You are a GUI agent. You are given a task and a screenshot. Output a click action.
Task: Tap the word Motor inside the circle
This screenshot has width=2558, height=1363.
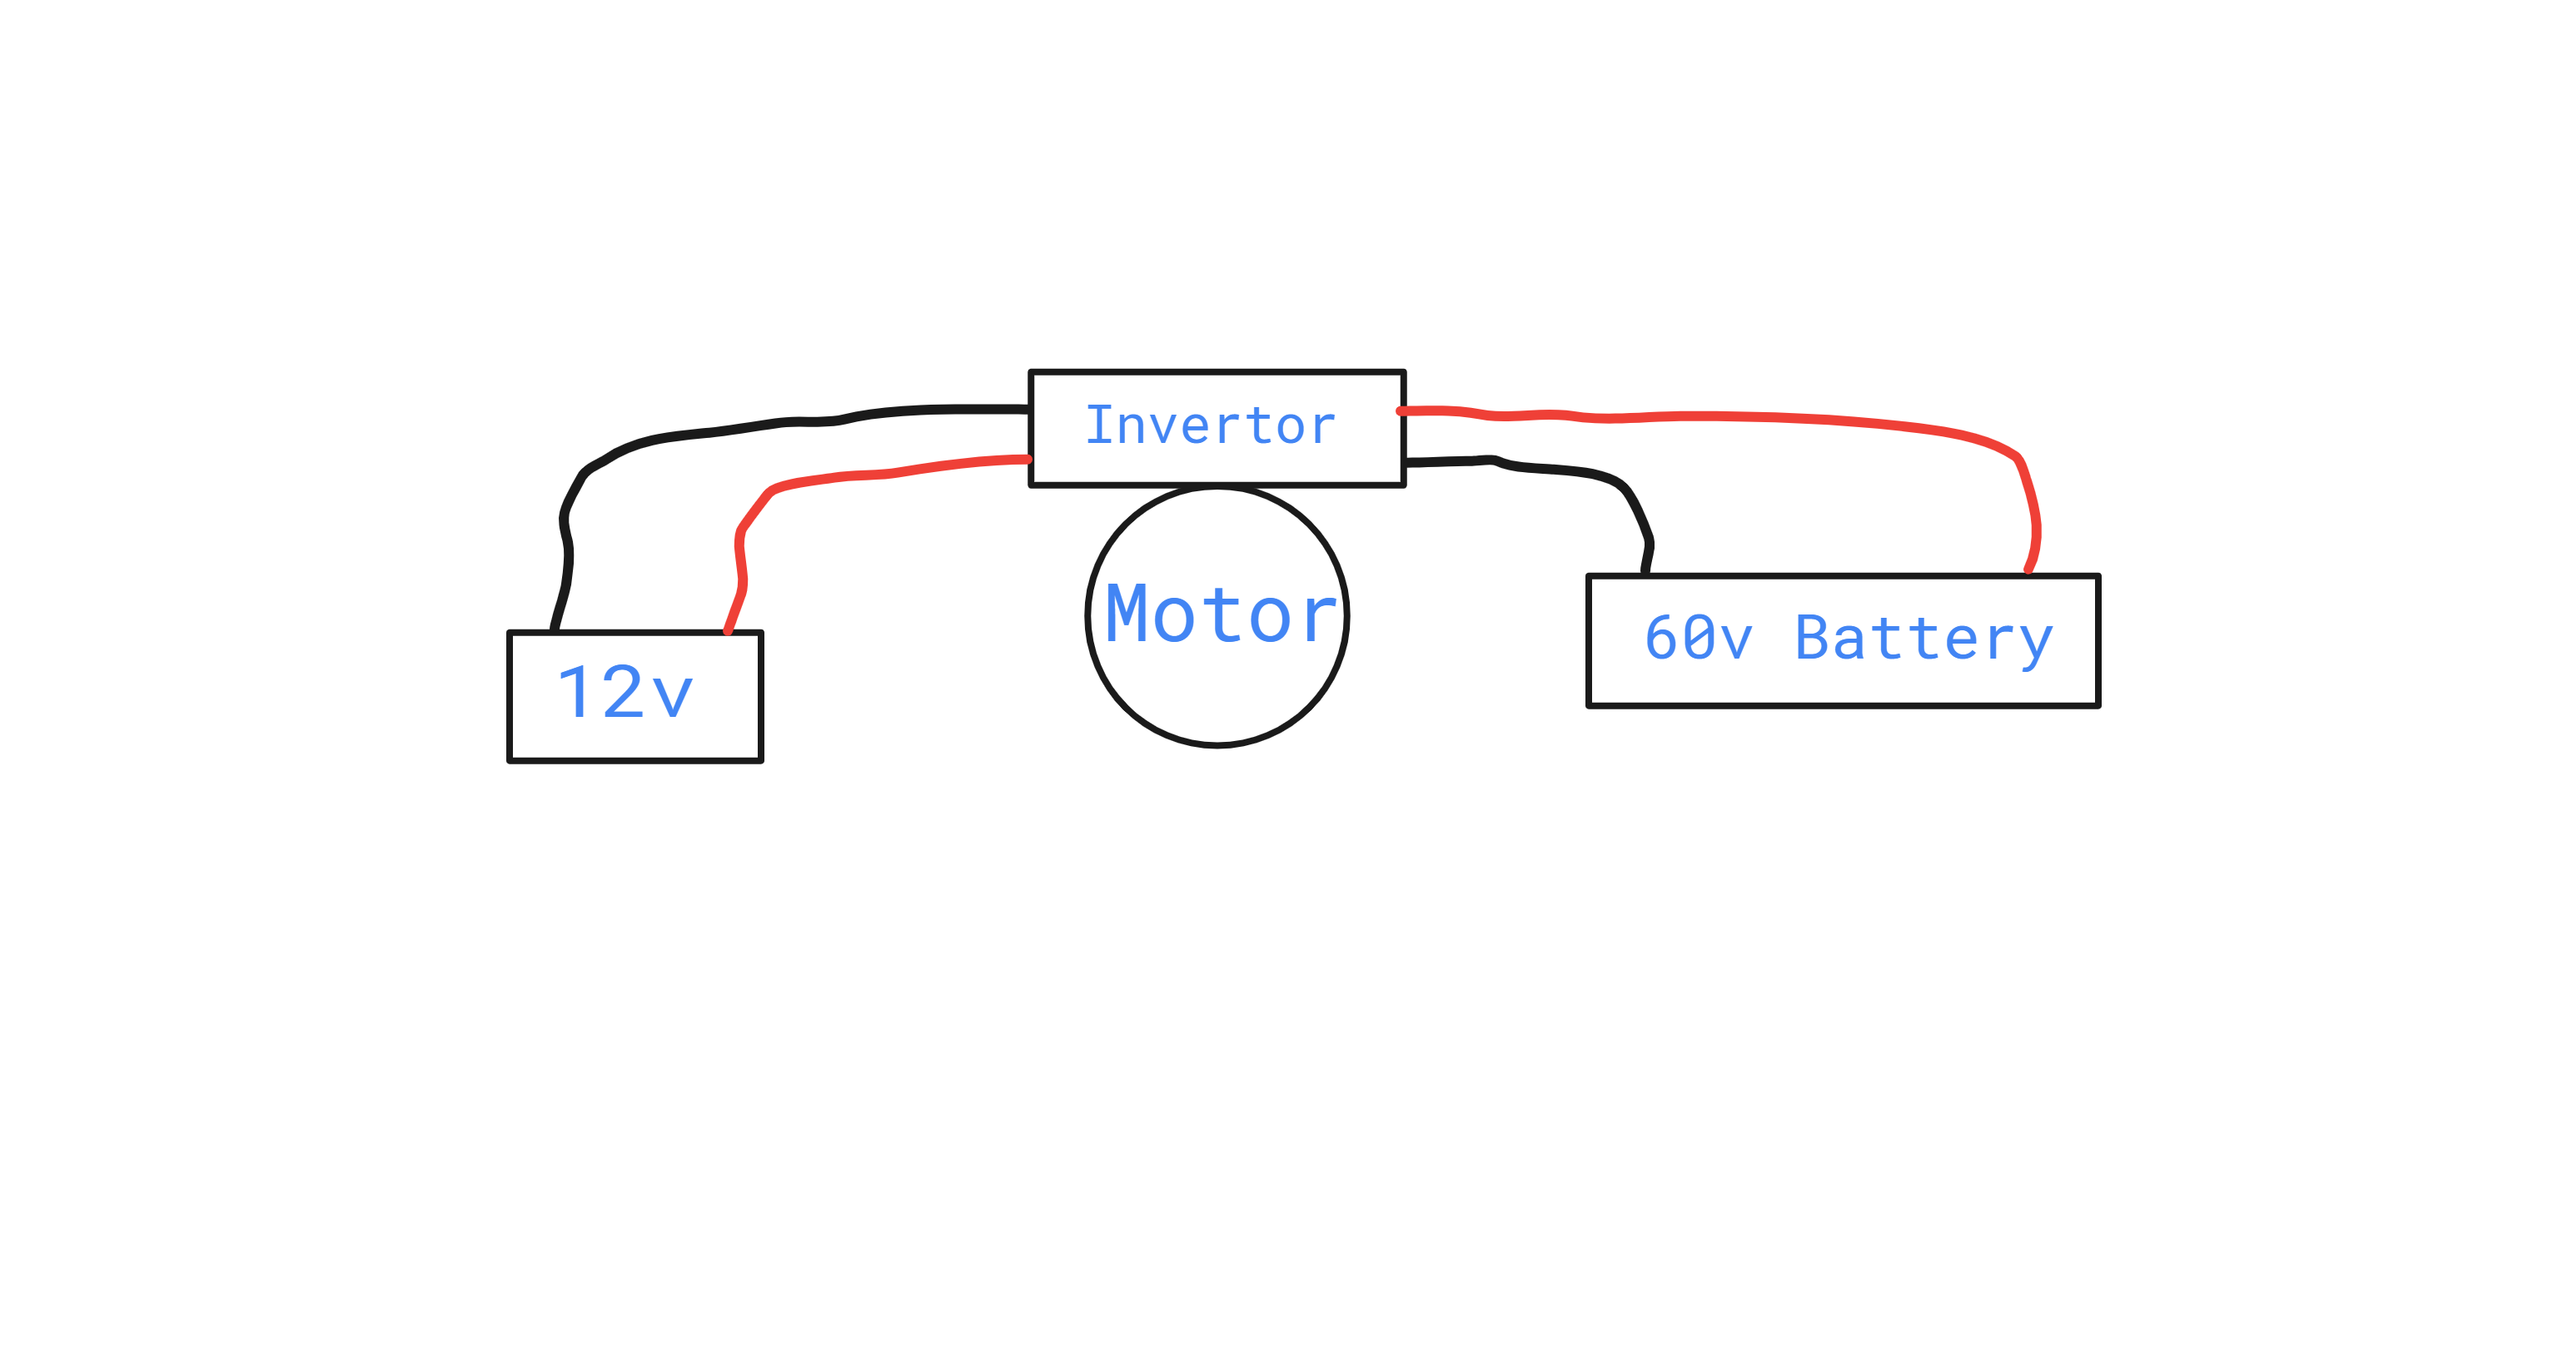coord(1221,614)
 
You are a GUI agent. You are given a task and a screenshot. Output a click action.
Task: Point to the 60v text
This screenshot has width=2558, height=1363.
coord(1697,639)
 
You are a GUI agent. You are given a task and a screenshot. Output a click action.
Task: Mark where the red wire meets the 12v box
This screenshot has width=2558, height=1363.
coord(728,630)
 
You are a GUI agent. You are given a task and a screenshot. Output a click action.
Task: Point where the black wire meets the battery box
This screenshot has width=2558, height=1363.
coord(1645,574)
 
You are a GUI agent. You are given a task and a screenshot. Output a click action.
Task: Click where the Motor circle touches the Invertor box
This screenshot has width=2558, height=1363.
coord(1217,486)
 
